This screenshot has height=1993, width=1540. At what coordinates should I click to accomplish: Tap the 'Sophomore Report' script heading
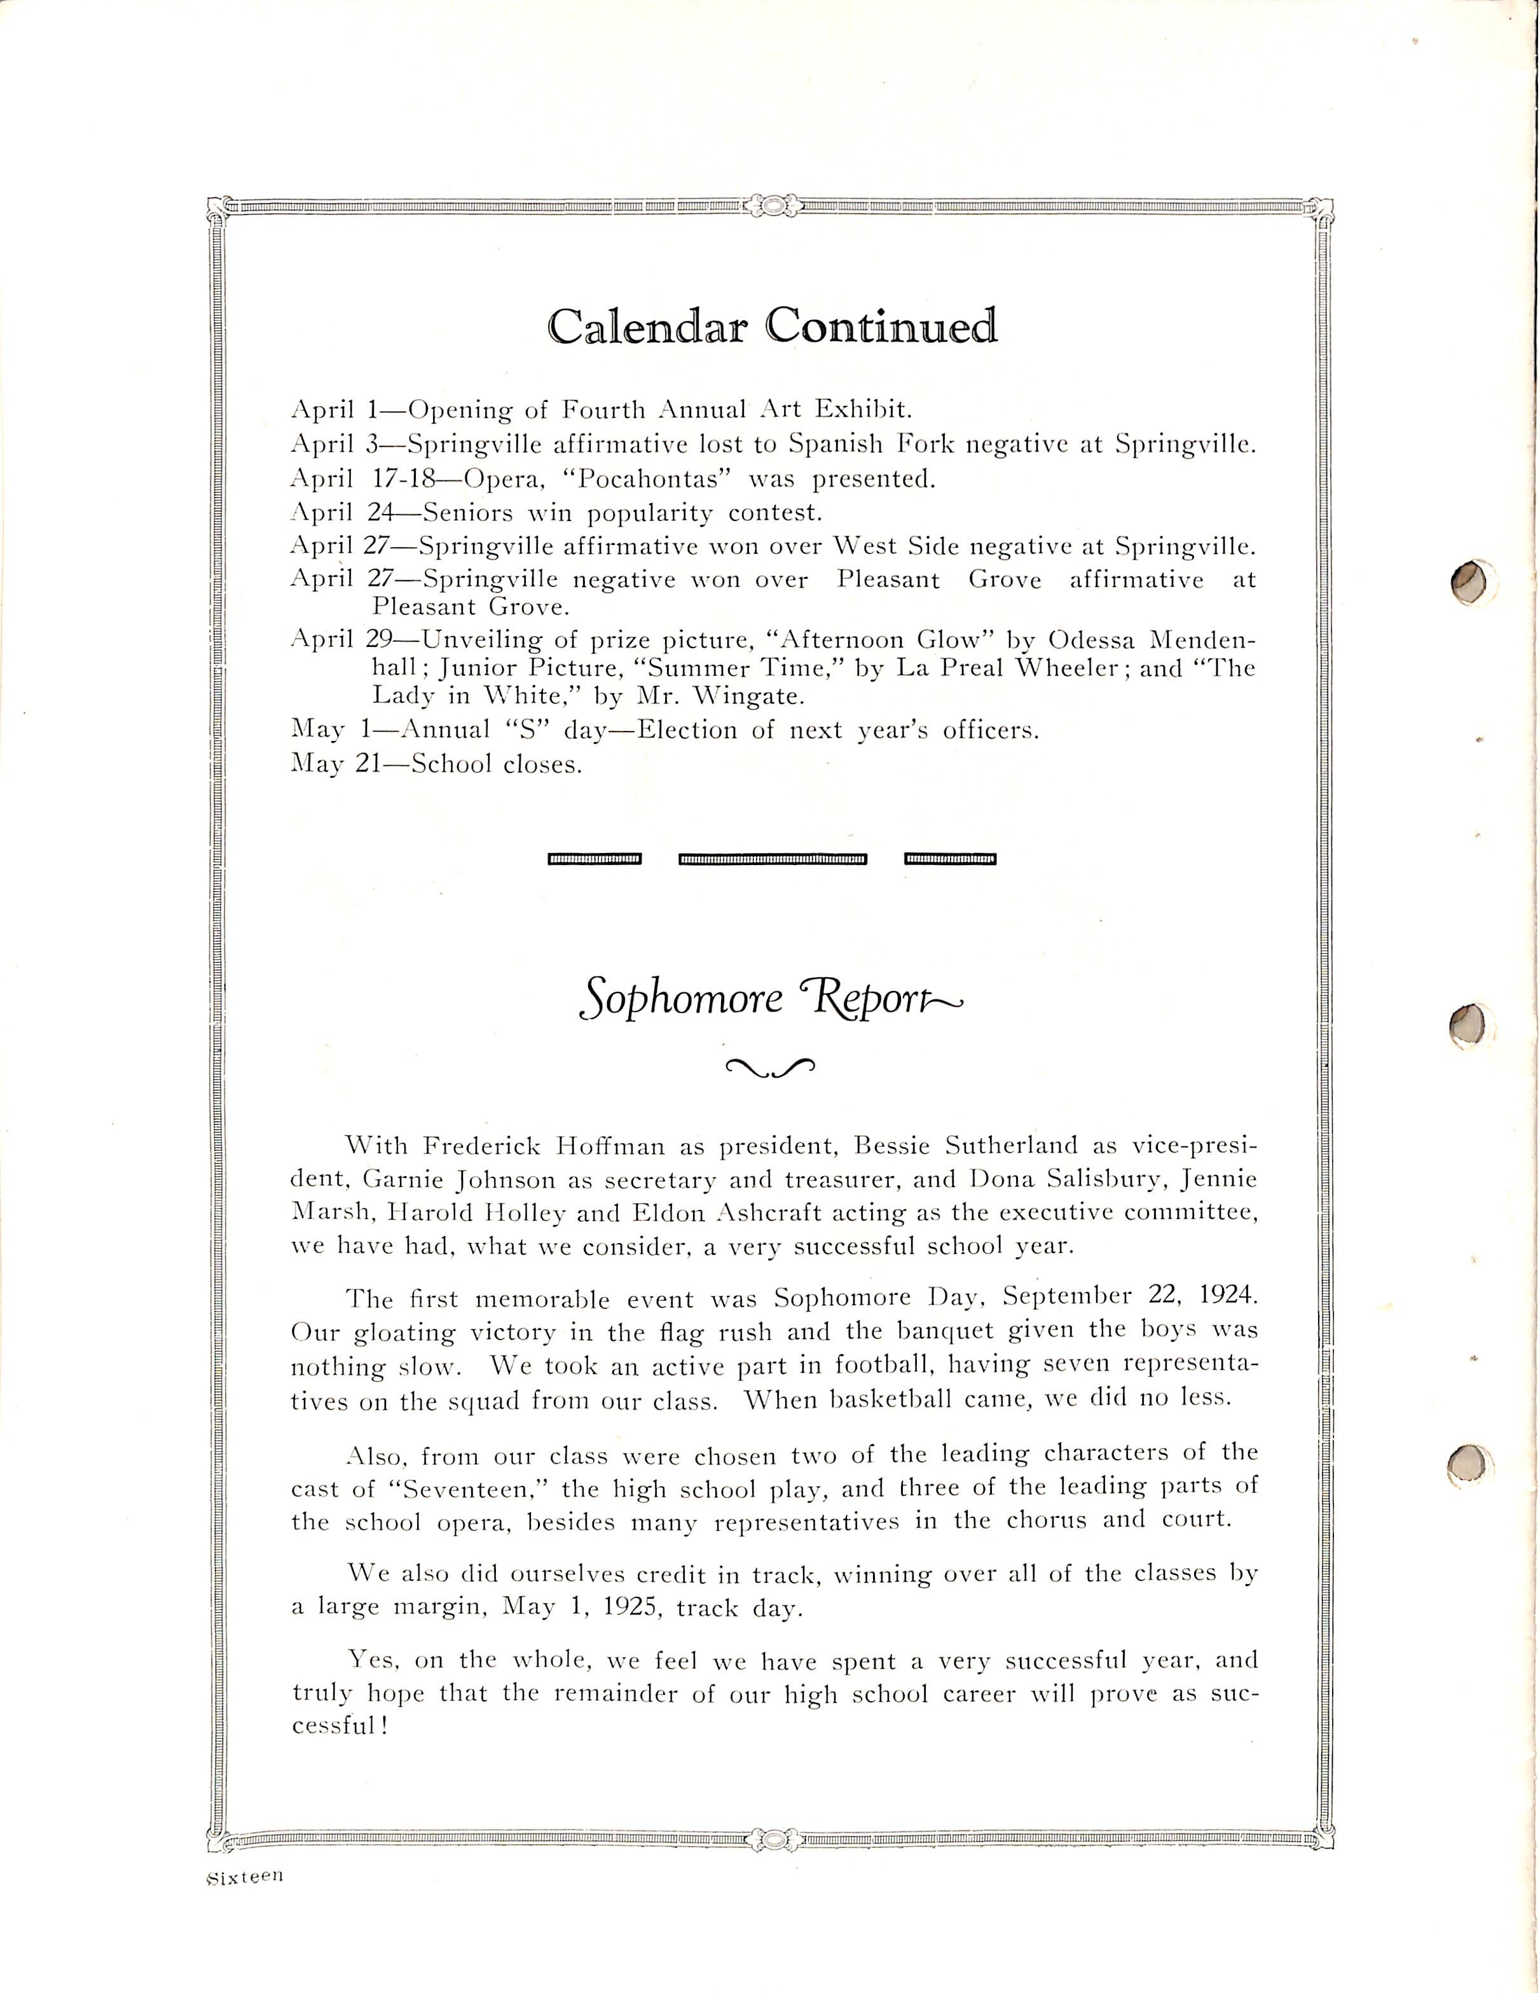click(771, 1000)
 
